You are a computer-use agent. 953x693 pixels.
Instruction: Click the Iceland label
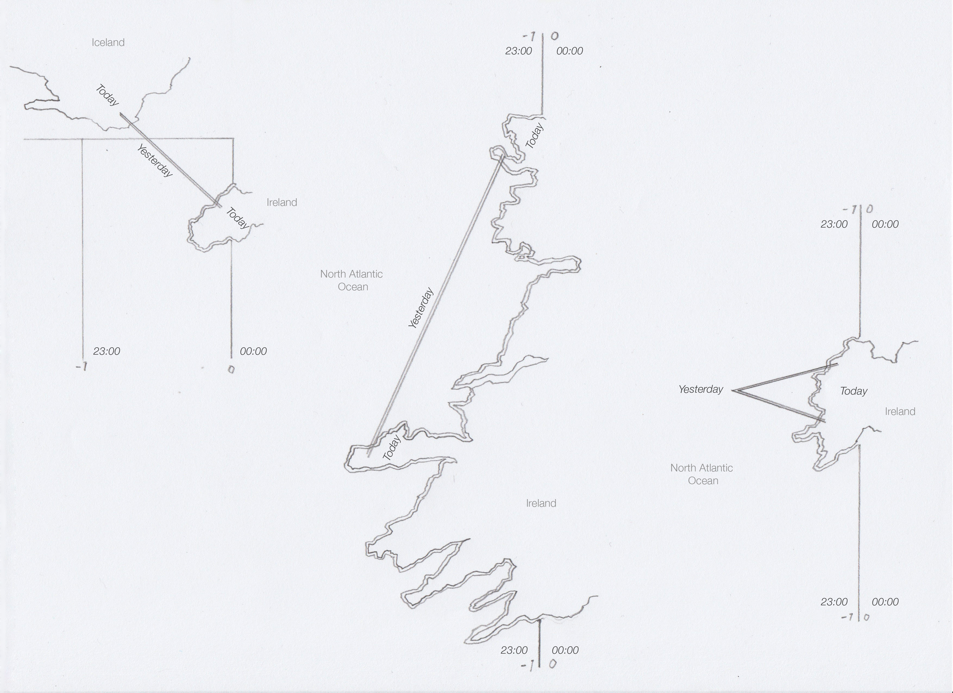(x=108, y=42)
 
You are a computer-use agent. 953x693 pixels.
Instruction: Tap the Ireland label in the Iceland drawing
(x=281, y=202)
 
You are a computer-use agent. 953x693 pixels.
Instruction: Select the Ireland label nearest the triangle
(x=900, y=412)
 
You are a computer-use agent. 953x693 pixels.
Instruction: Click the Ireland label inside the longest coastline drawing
(x=541, y=503)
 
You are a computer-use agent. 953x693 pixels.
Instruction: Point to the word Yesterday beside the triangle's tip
(x=700, y=389)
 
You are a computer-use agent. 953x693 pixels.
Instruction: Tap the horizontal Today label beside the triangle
(x=853, y=391)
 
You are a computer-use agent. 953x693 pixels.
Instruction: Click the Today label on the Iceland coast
(x=107, y=95)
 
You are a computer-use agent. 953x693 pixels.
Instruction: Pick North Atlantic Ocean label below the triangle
(x=701, y=474)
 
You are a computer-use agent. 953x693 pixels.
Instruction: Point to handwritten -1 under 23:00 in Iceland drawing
(x=81, y=367)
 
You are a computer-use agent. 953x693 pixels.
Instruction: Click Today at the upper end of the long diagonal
(x=534, y=135)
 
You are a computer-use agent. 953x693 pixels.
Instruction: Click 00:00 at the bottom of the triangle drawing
(x=885, y=602)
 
